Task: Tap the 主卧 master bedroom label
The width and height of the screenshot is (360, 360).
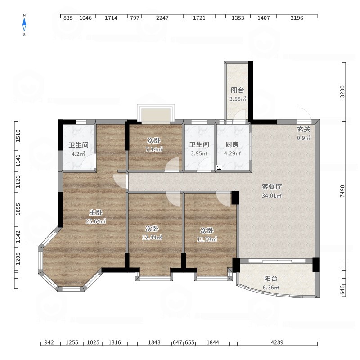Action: [96, 212]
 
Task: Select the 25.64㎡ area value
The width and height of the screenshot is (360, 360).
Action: [96, 221]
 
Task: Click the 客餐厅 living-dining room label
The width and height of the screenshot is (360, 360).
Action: [272, 187]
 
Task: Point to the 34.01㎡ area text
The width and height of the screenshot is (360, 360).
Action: [272, 196]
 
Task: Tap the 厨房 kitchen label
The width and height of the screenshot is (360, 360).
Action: [232, 144]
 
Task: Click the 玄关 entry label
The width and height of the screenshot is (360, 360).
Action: [304, 129]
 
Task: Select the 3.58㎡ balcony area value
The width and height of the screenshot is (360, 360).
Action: [238, 99]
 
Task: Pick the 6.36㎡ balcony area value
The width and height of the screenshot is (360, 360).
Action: [271, 288]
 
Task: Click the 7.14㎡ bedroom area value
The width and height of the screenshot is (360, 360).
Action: [154, 149]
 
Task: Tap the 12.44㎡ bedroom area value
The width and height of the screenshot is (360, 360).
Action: [152, 238]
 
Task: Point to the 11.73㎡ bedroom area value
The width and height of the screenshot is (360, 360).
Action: [207, 239]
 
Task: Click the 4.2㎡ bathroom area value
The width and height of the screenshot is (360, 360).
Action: [78, 154]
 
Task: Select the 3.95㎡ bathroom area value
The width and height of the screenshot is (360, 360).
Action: [199, 153]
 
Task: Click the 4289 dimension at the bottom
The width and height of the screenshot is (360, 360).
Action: [277, 342]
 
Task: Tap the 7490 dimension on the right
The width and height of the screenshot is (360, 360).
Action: [342, 191]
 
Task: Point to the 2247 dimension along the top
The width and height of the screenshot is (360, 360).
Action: [162, 18]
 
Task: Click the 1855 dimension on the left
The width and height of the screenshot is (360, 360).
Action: [18, 209]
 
